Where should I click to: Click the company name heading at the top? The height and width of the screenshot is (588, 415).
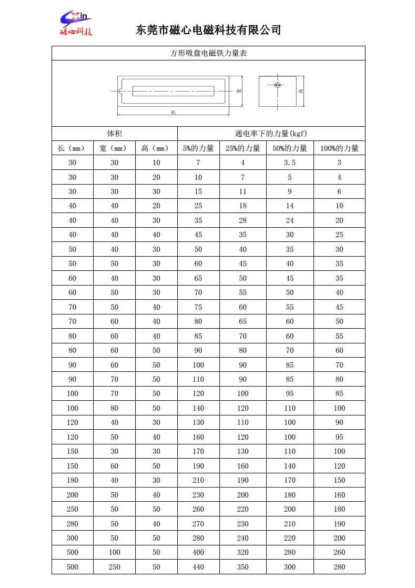(209, 30)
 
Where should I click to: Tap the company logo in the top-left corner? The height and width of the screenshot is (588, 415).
(76, 24)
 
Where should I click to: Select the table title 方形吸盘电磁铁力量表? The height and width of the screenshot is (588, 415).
(208, 53)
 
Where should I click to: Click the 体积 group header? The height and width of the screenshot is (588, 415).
(114, 134)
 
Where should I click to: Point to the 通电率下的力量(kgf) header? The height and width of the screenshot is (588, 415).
(271, 134)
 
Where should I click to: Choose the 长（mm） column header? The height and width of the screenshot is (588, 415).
(72, 148)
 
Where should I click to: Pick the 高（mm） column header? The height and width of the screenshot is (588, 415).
(156, 148)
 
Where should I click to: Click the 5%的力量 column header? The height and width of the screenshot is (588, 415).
(198, 148)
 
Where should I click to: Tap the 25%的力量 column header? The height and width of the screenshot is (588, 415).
(242, 148)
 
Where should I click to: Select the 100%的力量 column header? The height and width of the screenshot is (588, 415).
(339, 148)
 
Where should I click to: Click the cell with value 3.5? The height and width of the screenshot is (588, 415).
(290, 163)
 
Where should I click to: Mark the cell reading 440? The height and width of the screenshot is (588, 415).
(198, 567)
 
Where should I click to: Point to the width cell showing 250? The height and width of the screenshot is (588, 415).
(114, 567)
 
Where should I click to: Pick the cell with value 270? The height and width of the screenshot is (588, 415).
(198, 524)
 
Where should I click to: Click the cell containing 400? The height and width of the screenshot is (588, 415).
(198, 553)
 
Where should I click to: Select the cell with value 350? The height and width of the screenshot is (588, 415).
(242, 567)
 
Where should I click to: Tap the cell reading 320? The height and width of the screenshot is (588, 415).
(242, 553)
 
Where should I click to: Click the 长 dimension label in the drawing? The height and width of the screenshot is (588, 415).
(173, 113)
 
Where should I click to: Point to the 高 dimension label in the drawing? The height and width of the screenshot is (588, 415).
(300, 91)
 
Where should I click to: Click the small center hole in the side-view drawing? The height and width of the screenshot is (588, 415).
(278, 85)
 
